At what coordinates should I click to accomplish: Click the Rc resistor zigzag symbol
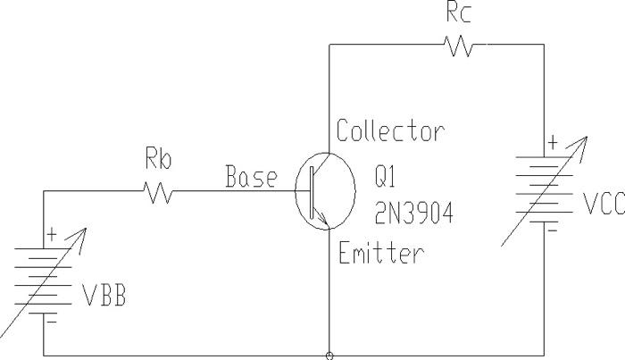(x=461, y=46)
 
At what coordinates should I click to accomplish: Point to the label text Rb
(x=156, y=161)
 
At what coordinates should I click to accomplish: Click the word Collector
(x=390, y=131)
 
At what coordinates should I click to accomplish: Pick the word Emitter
(x=381, y=254)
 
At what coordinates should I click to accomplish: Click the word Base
(x=251, y=178)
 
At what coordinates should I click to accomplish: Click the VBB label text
(x=104, y=296)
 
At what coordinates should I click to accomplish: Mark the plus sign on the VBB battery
(x=51, y=235)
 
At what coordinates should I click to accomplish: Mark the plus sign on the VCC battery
(x=553, y=140)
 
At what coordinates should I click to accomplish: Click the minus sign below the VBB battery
(x=51, y=318)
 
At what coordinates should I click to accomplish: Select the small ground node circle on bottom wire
(x=330, y=356)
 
